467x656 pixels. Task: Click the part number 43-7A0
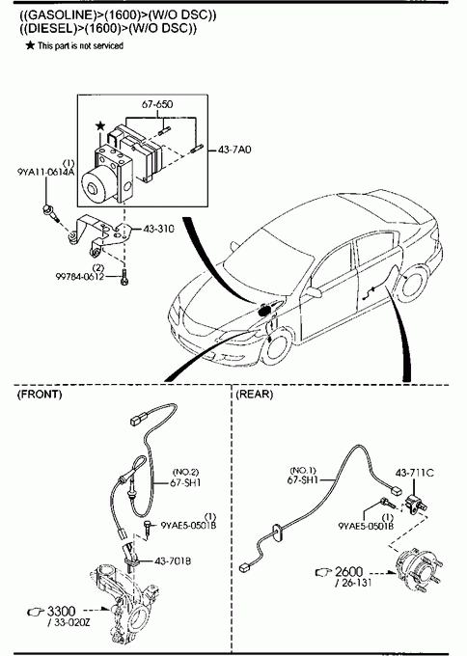234,150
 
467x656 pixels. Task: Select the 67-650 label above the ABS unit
157,104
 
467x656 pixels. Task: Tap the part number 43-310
159,229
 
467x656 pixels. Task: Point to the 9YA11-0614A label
46,172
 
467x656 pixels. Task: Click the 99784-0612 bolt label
79,277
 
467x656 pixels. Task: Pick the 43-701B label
173,561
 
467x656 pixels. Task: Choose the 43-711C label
415,473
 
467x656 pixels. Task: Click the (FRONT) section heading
40,395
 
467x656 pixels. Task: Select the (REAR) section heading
255,395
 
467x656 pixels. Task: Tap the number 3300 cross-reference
61,612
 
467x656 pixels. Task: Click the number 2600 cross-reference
348,571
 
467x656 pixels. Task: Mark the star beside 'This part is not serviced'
30,45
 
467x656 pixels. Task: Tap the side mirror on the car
314,291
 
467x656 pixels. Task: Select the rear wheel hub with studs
418,570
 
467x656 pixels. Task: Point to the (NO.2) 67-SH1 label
185,478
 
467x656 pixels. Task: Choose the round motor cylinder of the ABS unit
96,184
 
